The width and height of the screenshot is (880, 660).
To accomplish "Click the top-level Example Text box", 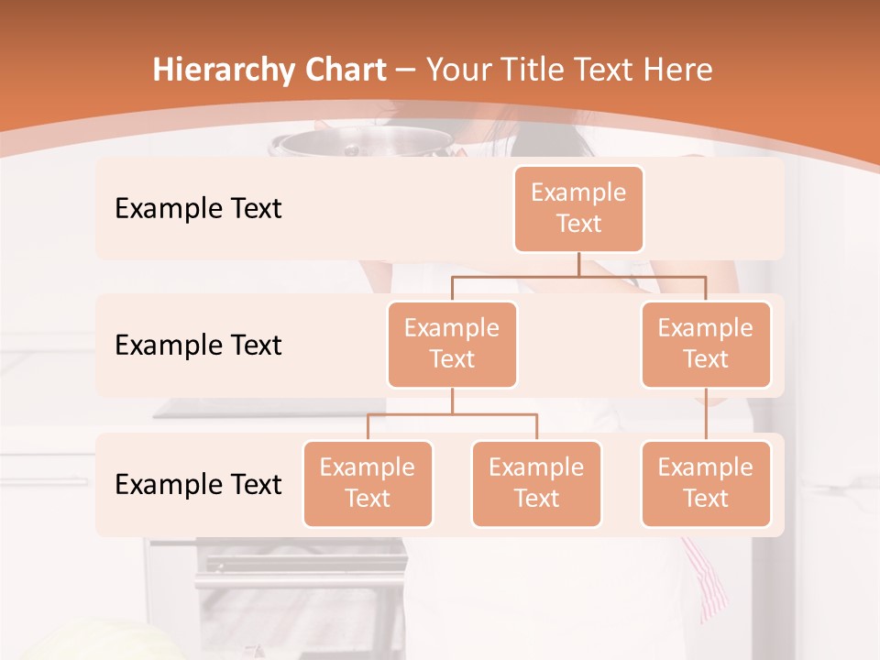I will pos(578,208).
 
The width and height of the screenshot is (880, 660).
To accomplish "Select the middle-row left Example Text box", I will pos(452,344).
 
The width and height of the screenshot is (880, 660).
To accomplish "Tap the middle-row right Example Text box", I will pos(706,344).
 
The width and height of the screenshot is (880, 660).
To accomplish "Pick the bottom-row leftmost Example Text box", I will pos(368,483).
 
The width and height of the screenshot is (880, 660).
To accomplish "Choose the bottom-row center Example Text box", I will pos(536,483).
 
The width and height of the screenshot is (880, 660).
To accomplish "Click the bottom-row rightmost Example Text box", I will pos(706,483).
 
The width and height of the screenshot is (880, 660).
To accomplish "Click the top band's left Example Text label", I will pos(198,208).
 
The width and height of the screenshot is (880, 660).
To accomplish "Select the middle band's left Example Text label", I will pos(198,345).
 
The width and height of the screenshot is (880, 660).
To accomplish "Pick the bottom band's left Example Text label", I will pos(198,484).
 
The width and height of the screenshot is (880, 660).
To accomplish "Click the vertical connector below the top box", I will pos(578,264).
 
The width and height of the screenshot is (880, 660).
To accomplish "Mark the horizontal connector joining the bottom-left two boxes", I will pos(452,414).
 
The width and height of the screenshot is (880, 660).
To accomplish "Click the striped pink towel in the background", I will pos(708,577).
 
